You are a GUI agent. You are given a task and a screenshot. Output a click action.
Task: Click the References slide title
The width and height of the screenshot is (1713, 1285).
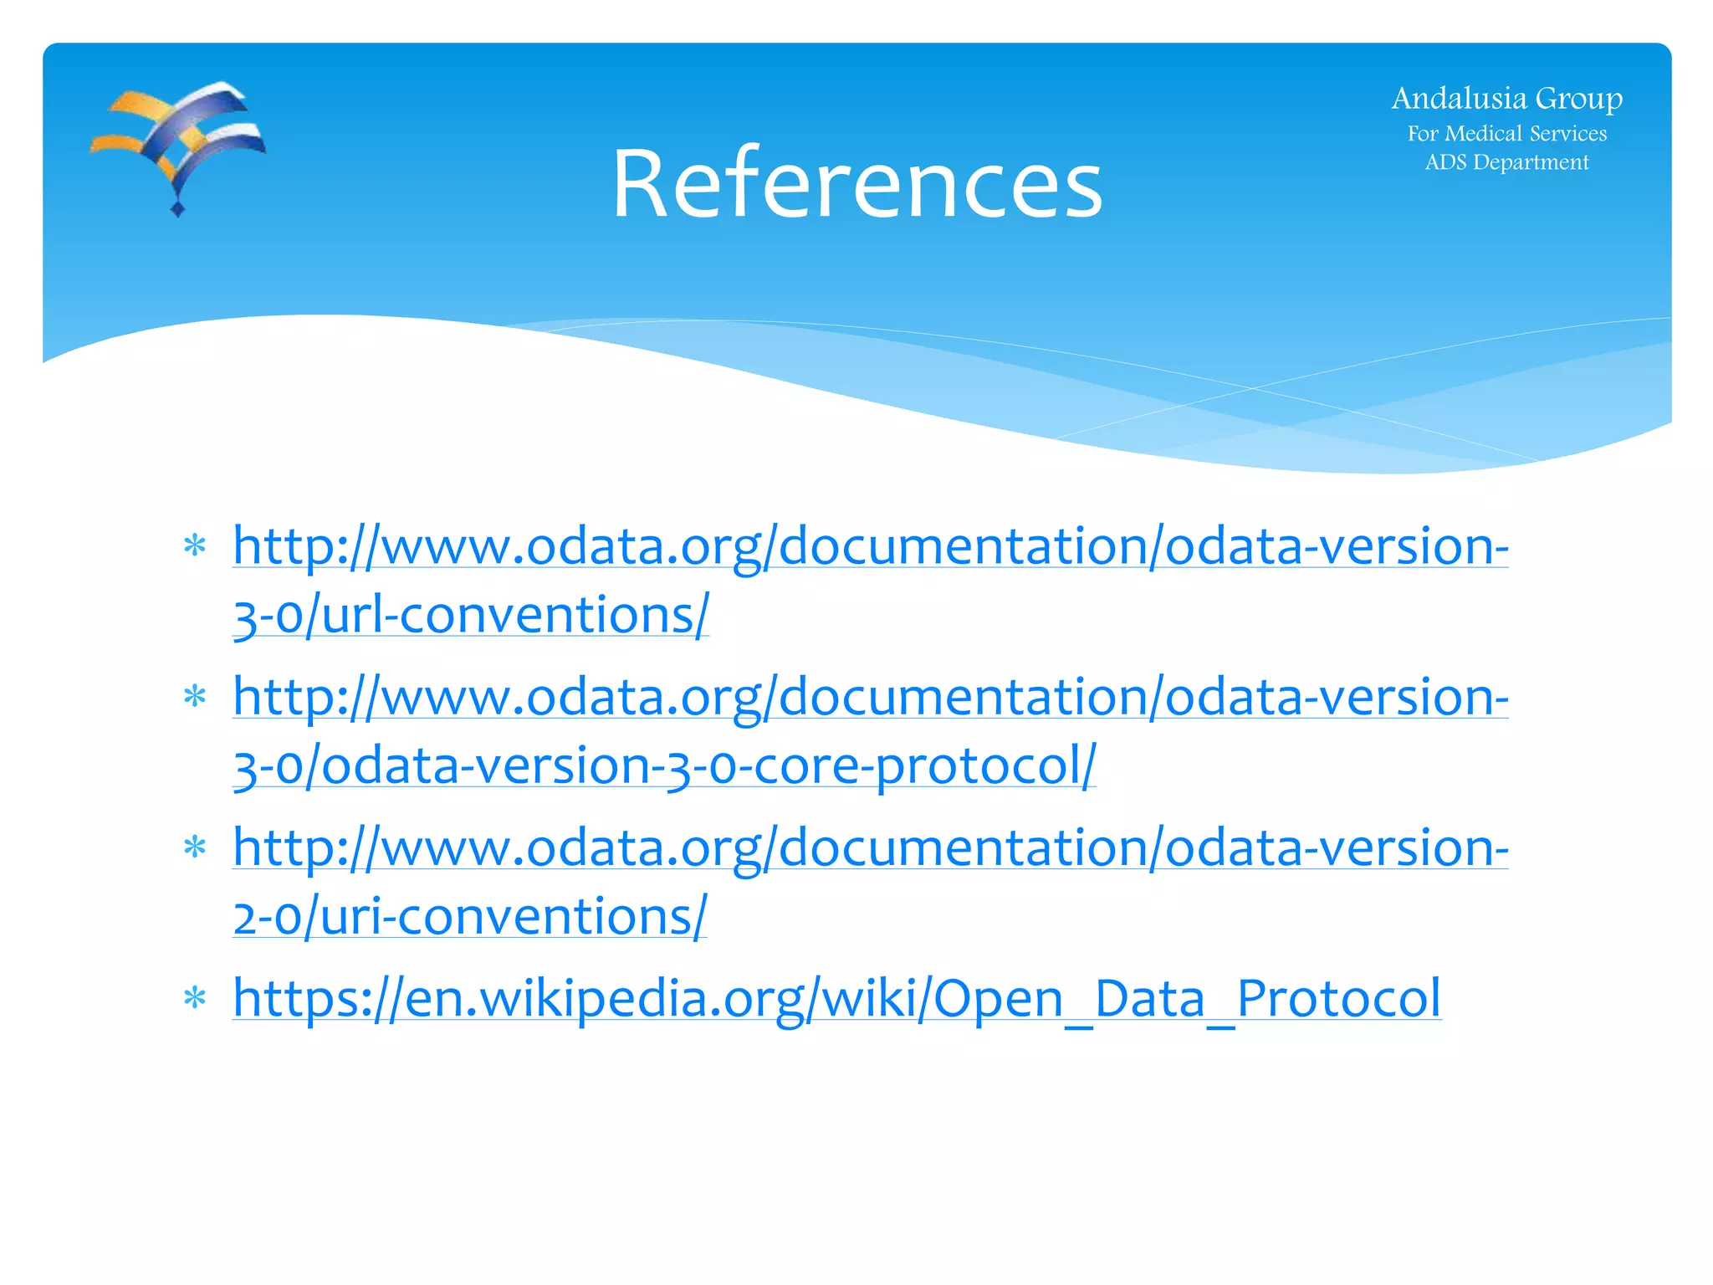click(856, 183)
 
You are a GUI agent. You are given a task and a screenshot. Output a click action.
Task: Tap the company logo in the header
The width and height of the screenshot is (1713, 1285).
click(177, 146)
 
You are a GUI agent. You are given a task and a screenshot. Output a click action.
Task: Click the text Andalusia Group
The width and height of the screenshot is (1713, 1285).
click(1506, 99)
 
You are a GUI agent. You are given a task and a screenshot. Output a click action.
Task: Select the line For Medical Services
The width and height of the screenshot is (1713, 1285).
click(1506, 134)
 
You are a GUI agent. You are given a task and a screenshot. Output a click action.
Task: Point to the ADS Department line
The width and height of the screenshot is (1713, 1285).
click(1506, 162)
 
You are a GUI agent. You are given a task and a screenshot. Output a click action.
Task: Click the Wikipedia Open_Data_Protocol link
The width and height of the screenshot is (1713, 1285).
click(836, 998)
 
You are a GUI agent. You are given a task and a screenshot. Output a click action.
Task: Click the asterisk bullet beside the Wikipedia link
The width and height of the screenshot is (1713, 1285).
click(195, 998)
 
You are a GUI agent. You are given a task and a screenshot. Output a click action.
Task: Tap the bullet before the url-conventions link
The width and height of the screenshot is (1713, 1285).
click(195, 546)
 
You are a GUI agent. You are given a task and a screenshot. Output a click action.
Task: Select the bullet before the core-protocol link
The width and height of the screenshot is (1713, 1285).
click(195, 696)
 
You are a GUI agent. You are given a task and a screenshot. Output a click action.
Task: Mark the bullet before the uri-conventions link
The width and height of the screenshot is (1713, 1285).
click(195, 847)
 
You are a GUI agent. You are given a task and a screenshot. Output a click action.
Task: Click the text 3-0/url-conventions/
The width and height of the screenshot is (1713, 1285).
click(471, 616)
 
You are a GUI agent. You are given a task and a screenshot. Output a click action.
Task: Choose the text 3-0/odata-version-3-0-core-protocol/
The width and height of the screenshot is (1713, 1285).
click(664, 766)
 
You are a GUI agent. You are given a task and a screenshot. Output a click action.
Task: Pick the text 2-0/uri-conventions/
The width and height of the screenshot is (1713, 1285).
click(470, 917)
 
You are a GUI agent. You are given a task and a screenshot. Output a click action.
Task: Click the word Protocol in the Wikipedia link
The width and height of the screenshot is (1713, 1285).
click(1338, 998)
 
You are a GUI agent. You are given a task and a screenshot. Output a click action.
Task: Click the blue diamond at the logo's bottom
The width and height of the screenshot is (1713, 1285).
click(177, 208)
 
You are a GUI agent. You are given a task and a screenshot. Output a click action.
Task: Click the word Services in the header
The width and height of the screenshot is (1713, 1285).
click(1568, 134)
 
